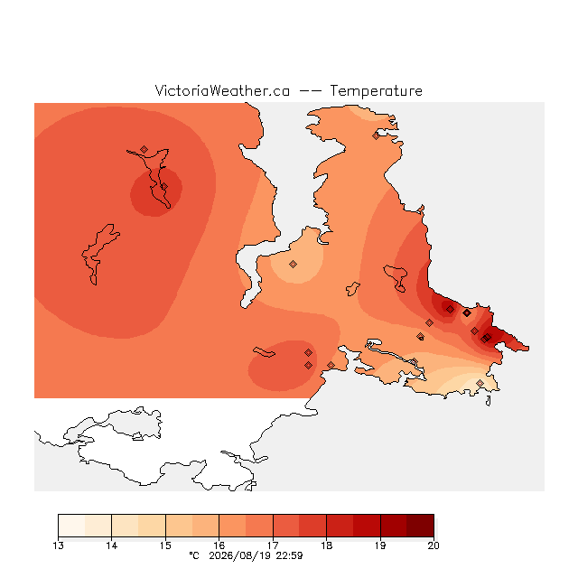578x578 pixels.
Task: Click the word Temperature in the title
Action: click(x=376, y=90)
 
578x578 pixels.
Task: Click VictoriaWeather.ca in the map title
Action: click(x=222, y=90)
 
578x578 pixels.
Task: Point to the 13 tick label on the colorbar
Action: click(x=58, y=545)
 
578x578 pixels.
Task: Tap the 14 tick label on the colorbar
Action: click(x=112, y=545)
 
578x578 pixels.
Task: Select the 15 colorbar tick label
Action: click(x=165, y=545)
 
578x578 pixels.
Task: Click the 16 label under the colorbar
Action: click(x=219, y=545)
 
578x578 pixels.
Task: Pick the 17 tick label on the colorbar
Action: click(x=273, y=545)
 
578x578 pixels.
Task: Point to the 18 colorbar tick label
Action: click(x=327, y=545)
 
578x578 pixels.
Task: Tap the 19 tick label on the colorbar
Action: click(x=380, y=545)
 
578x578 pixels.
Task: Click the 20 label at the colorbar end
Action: click(x=433, y=545)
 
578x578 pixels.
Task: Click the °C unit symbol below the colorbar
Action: click(x=194, y=555)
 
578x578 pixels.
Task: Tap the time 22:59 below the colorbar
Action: click(x=289, y=555)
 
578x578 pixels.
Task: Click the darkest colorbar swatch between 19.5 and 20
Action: click(x=420, y=526)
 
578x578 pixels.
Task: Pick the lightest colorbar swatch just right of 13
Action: click(x=71, y=526)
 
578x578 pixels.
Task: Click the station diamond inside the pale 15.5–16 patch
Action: click(x=293, y=264)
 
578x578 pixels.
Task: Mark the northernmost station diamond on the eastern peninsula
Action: click(x=376, y=136)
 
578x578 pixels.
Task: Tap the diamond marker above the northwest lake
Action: click(x=144, y=149)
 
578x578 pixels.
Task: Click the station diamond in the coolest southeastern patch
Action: click(x=480, y=383)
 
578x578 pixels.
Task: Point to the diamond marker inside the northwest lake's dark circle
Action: click(x=164, y=187)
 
